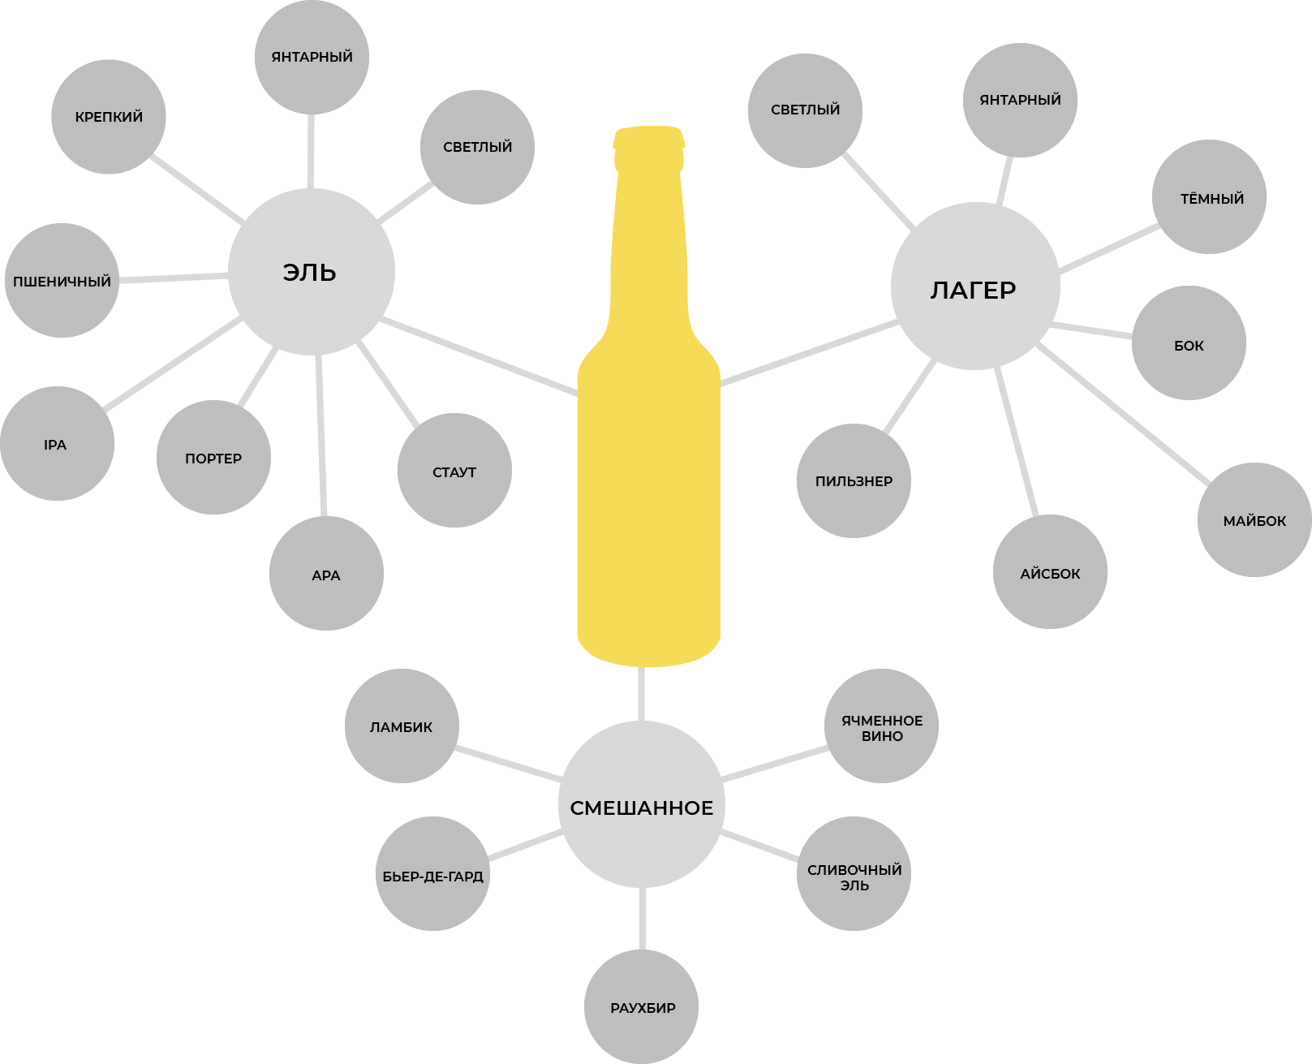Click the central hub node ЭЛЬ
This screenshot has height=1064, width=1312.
(x=311, y=272)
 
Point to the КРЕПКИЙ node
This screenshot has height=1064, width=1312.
(x=109, y=117)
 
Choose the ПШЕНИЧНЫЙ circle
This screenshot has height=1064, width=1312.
(x=62, y=281)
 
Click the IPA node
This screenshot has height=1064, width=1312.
(x=56, y=444)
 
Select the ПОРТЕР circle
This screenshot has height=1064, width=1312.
(x=213, y=458)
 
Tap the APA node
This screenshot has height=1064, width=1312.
(x=326, y=574)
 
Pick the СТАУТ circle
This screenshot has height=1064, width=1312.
(x=454, y=471)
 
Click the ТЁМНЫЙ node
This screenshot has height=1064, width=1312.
(x=1209, y=197)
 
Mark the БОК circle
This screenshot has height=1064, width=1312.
(x=1189, y=343)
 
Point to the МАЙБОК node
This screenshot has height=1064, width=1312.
(x=1254, y=520)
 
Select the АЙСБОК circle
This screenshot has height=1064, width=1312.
(x=1050, y=572)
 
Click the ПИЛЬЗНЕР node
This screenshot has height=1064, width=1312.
(x=854, y=480)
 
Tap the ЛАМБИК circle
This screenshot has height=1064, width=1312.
(x=402, y=726)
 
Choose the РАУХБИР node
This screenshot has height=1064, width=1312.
(x=642, y=1007)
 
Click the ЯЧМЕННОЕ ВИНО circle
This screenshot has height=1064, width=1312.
(x=881, y=726)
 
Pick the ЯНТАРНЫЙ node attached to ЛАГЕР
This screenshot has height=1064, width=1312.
(x=1020, y=100)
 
